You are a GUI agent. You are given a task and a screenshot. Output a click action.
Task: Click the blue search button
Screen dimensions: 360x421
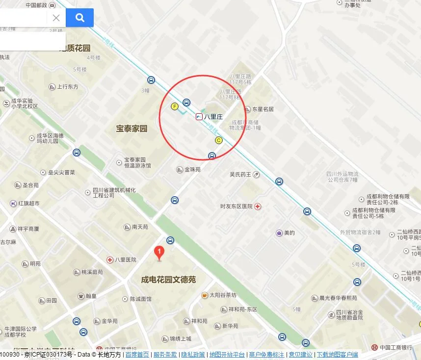[x=79, y=18]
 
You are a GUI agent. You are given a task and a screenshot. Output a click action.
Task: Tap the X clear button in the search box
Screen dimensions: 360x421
[x=56, y=18]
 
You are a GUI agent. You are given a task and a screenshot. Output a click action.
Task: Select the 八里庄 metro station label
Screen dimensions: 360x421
[x=213, y=117]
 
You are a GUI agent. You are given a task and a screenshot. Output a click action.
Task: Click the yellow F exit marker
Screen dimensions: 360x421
[x=174, y=106]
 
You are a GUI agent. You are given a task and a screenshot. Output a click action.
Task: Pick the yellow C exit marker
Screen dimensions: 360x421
[x=219, y=140]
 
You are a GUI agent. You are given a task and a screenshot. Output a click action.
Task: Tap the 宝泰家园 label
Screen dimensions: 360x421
[x=132, y=129]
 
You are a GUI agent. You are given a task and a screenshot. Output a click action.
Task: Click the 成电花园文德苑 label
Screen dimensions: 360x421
[x=168, y=280]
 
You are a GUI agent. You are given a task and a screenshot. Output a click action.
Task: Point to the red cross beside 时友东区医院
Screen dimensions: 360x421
[x=258, y=206]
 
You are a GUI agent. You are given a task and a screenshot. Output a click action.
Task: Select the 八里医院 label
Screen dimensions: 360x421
[x=126, y=259]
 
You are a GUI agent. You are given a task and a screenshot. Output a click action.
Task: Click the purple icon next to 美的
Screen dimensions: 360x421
[x=279, y=233]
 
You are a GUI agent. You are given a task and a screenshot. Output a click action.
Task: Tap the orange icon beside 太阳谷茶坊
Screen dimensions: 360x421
[x=205, y=295]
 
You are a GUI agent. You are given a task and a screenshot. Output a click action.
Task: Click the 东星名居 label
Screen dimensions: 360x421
[x=263, y=109]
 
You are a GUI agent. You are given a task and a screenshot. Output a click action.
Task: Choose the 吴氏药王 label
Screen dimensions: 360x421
[x=240, y=174]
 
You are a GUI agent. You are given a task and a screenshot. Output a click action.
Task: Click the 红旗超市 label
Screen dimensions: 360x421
[x=29, y=203]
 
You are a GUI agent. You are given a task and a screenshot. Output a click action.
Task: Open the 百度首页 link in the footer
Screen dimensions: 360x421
[x=137, y=355]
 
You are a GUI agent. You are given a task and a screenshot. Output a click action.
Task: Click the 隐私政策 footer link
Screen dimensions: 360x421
[x=193, y=355]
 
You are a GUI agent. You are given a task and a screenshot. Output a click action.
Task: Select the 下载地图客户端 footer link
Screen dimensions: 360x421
[x=337, y=355]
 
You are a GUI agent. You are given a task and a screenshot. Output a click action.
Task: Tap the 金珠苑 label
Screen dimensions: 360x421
[x=192, y=170]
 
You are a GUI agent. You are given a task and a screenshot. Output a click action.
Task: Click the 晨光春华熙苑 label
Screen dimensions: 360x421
[x=338, y=298]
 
